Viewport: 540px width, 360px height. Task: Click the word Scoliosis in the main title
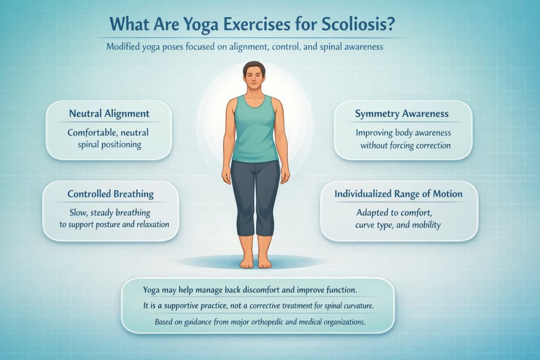point(358,24)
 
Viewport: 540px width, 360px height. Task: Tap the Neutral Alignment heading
point(109,113)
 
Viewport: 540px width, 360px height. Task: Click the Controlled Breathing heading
point(111,194)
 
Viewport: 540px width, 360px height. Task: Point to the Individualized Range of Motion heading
point(399,194)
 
